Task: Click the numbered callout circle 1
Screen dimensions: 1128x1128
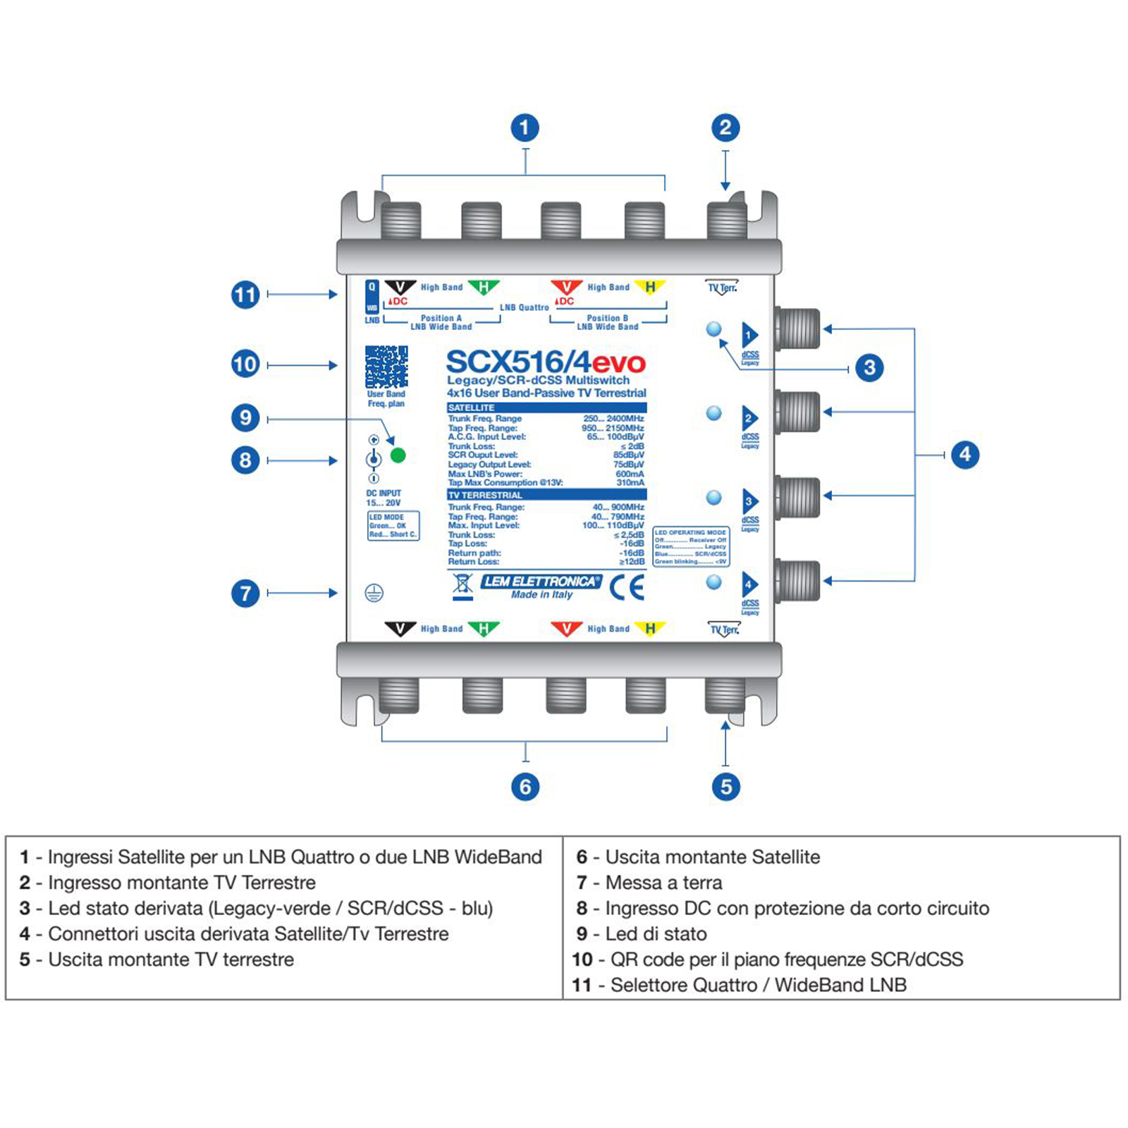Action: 525,128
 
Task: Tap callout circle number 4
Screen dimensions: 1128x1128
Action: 965,455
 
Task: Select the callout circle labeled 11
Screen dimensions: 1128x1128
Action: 245,295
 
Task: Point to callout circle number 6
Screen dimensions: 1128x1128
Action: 525,787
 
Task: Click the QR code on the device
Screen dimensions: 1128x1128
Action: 386,366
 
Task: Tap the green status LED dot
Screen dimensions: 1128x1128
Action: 398,455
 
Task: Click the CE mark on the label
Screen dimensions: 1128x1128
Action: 627,587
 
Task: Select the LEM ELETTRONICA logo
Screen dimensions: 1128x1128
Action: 541,582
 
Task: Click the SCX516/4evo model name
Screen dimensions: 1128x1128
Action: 546,362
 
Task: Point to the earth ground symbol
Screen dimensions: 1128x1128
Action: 374,594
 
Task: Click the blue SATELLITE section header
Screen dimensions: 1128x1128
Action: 546,408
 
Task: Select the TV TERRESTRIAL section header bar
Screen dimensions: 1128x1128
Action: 546,495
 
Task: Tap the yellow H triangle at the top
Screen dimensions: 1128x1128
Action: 649,287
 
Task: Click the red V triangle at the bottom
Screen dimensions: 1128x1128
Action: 566,627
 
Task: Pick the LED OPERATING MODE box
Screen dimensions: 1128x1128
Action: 691,547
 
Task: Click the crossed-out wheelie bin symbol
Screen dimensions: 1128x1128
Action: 462,586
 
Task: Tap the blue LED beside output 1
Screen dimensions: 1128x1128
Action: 714,329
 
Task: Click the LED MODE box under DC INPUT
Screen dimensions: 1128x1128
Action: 393,526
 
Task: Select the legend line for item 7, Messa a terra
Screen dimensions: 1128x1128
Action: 649,883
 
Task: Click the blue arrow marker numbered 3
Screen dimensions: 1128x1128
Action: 750,502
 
